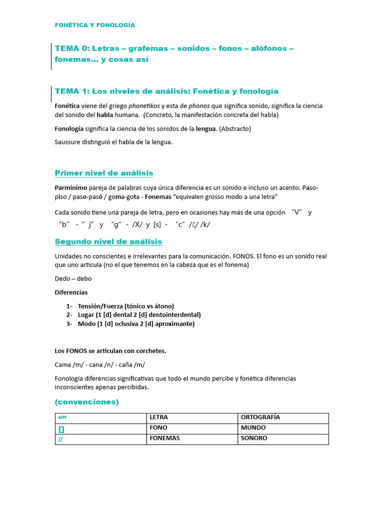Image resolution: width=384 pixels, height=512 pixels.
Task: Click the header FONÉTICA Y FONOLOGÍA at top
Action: tap(94, 25)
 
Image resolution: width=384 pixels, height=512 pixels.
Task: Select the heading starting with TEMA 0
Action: tap(173, 54)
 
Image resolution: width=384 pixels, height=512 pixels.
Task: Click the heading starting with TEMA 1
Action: tap(166, 91)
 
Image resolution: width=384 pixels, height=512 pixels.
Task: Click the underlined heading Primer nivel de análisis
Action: tap(103, 173)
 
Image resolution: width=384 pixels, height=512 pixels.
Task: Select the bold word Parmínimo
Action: tap(71, 187)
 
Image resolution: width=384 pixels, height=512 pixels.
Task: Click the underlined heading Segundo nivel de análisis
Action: tap(108, 241)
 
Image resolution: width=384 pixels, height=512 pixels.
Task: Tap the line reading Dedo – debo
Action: tap(73, 278)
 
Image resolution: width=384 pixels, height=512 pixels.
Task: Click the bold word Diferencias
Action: tap(71, 292)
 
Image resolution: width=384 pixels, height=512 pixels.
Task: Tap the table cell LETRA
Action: tap(158, 417)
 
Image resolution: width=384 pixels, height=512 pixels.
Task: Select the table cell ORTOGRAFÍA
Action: tap(260, 417)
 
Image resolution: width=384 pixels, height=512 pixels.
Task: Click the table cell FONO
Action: tap(158, 428)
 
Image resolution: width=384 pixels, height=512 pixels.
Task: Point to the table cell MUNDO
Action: tap(253, 428)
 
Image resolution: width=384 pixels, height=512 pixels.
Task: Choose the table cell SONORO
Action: tap(254, 438)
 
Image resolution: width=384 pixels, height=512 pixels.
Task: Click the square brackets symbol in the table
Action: tap(61, 428)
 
